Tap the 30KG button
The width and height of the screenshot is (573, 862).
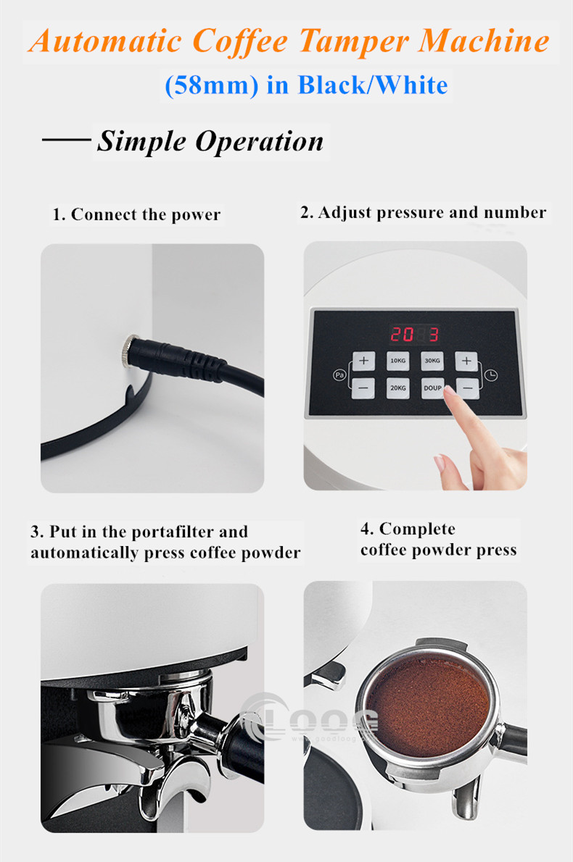tap(432, 360)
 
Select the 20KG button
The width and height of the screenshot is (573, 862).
tap(397, 388)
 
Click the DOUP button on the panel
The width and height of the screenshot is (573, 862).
tap(432, 388)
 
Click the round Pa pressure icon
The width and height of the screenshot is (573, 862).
tap(338, 374)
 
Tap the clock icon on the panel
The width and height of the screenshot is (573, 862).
tap(493, 374)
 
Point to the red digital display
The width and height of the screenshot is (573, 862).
tap(415, 334)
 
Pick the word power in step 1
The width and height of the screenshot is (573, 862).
tap(196, 215)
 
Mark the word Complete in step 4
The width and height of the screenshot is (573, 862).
tap(418, 529)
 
